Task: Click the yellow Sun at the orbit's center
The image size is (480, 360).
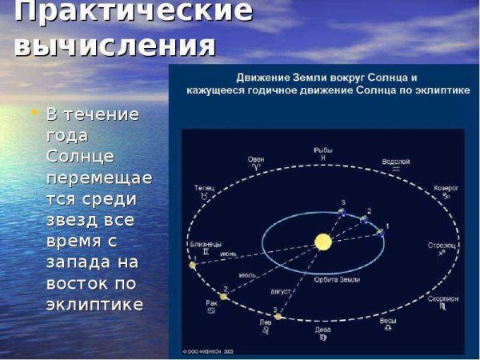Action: (322, 241)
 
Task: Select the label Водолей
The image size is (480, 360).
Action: (396, 161)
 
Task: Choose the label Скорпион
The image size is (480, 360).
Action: (442, 298)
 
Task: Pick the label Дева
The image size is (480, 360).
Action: (322, 328)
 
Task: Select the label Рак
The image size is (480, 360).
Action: (211, 302)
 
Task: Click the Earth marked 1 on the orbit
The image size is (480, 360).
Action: (380, 232)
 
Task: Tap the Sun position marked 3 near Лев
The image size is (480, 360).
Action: (278, 317)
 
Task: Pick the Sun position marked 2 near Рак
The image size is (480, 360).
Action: (224, 296)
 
